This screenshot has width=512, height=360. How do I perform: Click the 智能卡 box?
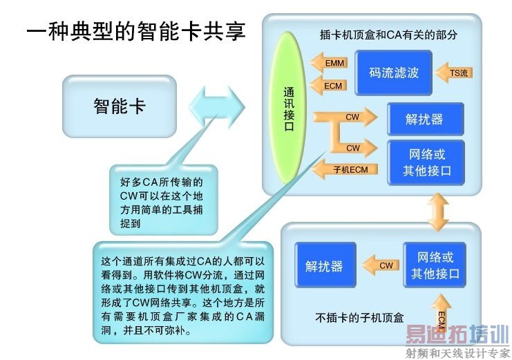[120, 106]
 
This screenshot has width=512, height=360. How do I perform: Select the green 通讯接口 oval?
[288, 108]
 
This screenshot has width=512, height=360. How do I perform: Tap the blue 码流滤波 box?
[393, 73]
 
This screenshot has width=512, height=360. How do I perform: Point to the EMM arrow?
[328, 63]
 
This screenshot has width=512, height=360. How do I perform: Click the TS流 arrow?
[454, 73]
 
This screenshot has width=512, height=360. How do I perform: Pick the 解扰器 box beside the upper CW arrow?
[426, 119]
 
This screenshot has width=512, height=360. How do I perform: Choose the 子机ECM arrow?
[345, 169]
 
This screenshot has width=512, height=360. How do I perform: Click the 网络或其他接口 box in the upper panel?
[426, 162]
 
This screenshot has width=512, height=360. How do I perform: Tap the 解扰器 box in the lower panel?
[325, 265]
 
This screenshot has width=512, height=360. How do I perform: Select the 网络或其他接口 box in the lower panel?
[435, 265]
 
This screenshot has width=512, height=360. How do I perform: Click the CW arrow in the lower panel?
[381, 265]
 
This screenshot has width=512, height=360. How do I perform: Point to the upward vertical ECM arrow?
[442, 314]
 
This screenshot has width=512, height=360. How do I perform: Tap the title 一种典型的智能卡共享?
[136, 31]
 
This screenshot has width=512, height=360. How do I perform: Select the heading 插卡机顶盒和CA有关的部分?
[388, 35]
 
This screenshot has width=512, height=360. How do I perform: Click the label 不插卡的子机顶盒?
[359, 318]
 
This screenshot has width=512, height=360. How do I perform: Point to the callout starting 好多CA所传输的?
[163, 199]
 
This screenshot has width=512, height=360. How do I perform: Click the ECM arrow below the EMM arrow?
[328, 86]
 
